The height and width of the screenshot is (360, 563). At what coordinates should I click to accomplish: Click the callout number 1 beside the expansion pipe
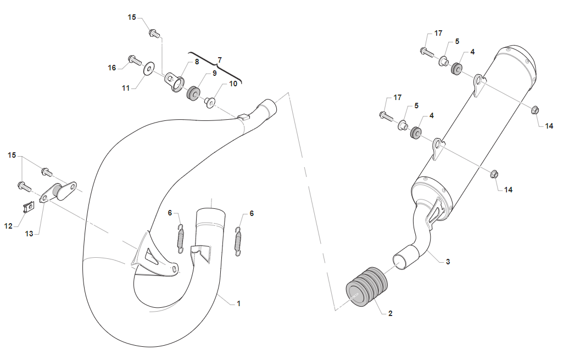(239, 303)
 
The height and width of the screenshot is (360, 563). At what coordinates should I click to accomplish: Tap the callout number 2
(390, 314)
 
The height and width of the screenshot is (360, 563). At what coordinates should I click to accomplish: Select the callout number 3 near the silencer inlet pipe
(448, 262)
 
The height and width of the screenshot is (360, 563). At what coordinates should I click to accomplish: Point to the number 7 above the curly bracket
(220, 59)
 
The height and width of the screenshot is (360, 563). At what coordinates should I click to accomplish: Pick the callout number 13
(29, 234)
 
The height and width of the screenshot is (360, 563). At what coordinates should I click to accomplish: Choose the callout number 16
(112, 68)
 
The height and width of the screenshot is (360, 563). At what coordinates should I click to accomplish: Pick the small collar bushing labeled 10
(210, 102)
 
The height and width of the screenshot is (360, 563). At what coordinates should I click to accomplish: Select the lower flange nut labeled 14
(493, 175)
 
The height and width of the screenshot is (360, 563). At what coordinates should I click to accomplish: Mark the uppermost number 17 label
(438, 34)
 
